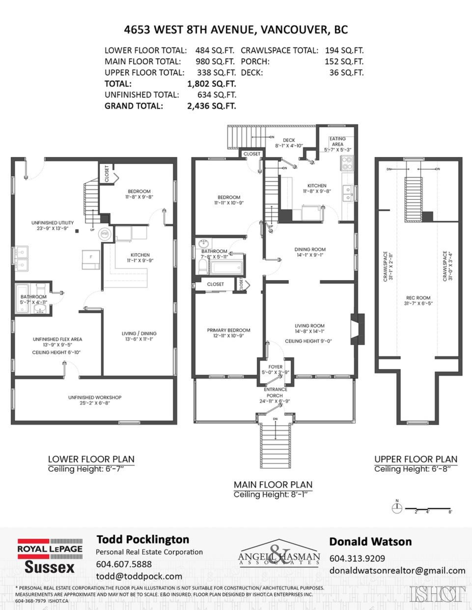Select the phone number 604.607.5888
pos(124,564)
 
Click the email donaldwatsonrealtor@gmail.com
pos(397,570)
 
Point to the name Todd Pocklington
pos(143,539)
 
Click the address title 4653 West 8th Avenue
pos(236,29)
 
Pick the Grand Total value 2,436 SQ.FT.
pos(212,106)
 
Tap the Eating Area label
pos(337,141)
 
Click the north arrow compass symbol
pos(398,506)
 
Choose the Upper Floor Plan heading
pos(416,459)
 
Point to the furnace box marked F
pos(91,258)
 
